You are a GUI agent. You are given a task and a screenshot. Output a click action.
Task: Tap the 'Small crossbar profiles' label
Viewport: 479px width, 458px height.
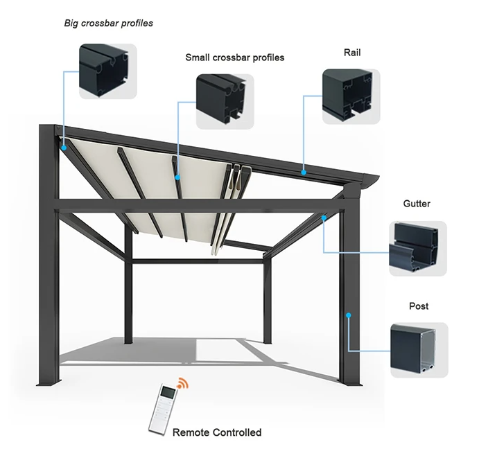pos(234,58)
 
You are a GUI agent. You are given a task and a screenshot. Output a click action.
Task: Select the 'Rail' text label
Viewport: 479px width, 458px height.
pos(352,53)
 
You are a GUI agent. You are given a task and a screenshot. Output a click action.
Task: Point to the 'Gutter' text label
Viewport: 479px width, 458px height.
pos(417,204)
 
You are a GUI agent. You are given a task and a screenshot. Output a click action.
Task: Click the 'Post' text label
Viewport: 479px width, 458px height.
pos(419,306)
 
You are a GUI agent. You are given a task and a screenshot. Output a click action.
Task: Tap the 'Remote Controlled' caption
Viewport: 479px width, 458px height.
pos(217,432)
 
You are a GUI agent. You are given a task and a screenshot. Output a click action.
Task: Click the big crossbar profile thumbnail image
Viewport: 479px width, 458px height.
pos(107,71)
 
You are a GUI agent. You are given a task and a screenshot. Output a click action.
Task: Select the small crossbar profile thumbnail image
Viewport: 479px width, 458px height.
pos(225,102)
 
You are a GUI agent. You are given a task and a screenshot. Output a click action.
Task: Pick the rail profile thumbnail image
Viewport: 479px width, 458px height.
pos(351,96)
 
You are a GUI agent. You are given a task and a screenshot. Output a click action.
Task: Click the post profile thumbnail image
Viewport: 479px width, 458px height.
pos(419,350)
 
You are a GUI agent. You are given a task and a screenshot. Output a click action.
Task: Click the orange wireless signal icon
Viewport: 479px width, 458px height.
pos(182,384)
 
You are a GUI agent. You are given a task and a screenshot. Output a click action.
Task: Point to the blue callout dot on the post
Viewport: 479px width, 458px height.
pos(349,315)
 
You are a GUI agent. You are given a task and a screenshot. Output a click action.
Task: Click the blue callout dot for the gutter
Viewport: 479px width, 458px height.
pos(324,218)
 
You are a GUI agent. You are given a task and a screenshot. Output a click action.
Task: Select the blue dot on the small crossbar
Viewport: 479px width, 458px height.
pos(178,177)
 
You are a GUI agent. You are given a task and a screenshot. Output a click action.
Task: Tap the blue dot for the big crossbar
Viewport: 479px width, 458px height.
pos(62,147)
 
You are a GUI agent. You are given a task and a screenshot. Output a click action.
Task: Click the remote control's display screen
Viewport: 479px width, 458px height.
pos(166,398)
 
